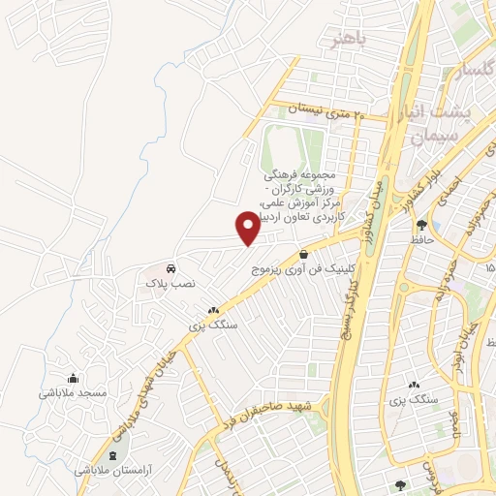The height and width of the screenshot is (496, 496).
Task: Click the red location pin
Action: (248, 227)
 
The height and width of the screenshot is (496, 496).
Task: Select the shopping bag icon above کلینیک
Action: (303, 253)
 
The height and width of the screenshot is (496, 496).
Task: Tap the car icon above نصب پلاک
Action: (170, 267)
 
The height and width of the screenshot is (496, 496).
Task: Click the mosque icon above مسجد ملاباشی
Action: (72, 379)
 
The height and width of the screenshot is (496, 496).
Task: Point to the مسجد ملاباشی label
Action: (72, 393)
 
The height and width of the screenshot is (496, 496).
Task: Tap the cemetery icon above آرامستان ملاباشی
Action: (114, 455)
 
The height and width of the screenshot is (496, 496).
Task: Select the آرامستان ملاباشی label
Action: (114, 470)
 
